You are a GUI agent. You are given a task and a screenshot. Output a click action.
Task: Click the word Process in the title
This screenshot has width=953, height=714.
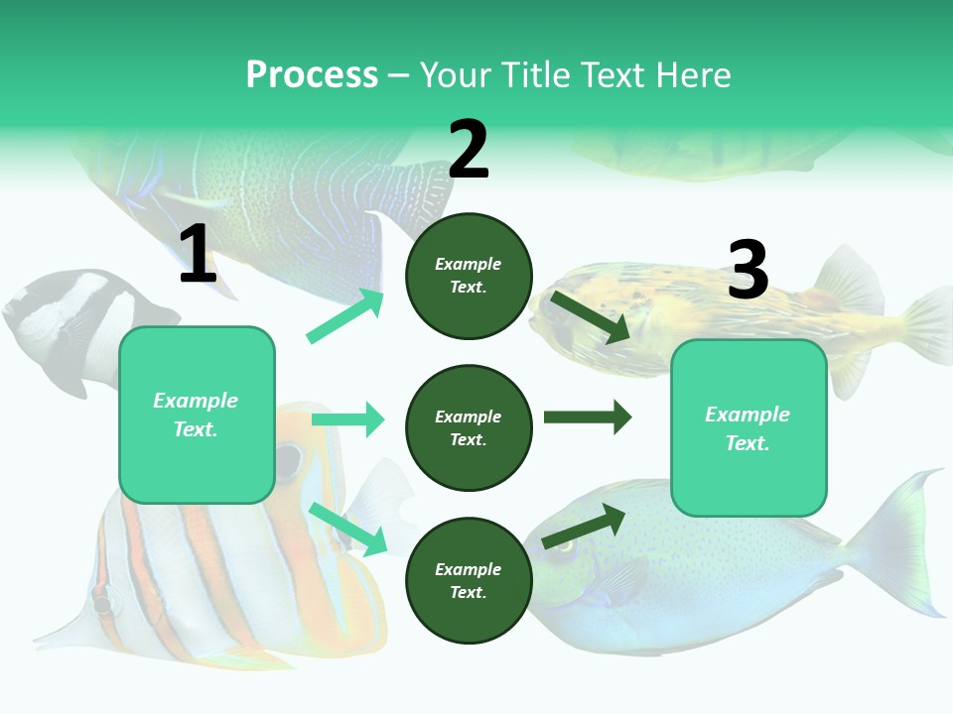[312, 75]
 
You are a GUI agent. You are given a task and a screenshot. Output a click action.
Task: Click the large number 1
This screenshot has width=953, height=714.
[198, 255]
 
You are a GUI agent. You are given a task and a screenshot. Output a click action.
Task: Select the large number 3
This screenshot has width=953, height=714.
[748, 270]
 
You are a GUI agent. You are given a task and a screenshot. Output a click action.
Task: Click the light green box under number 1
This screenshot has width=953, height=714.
[197, 415]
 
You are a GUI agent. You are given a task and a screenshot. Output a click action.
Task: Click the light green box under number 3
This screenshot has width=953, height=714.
[749, 427]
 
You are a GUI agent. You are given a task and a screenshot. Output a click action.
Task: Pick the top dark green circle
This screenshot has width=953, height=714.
[469, 276]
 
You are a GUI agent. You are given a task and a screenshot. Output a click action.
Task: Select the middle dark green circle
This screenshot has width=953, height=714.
[469, 427]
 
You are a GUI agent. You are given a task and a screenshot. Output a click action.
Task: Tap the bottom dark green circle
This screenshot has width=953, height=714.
[469, 580]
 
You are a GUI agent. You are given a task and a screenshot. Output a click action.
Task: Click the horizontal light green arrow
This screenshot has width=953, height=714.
[348, 419]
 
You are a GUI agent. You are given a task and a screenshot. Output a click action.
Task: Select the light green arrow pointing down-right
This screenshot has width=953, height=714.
[348, 529]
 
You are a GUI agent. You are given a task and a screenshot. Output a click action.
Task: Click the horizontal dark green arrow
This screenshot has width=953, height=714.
[588, 417]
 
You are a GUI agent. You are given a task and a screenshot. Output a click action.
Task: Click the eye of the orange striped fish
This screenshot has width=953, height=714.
[288, 459]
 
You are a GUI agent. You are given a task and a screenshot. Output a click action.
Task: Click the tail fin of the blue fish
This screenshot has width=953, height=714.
[898, 540]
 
